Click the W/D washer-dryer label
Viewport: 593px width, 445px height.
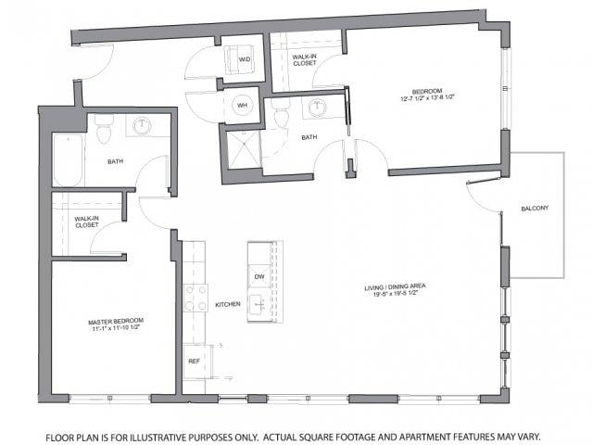click(245, 59)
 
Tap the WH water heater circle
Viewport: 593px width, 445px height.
click(242, 105)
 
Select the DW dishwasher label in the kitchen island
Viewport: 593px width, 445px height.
click(259, 276)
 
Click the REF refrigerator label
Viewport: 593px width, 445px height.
click(194, 361)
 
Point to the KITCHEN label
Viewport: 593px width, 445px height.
click(228, 304)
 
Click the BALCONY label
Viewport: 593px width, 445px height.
click(535, 209)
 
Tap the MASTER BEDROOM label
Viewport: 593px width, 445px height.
click(116, 322)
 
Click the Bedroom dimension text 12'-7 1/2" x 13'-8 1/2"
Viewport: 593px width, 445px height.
click(427, 98)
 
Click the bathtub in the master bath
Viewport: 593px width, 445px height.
click(68, 159)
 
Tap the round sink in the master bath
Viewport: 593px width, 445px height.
click(142, 126)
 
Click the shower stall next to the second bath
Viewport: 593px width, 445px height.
click(243, 150)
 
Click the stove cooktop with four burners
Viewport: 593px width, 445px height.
click(196, 298)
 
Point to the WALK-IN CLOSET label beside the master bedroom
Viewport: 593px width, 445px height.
click(86, 222)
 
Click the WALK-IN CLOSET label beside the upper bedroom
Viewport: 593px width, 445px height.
click(305, 60)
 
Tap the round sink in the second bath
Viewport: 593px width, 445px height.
click(318, 108)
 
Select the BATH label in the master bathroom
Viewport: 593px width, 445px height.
click(115, 161)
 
